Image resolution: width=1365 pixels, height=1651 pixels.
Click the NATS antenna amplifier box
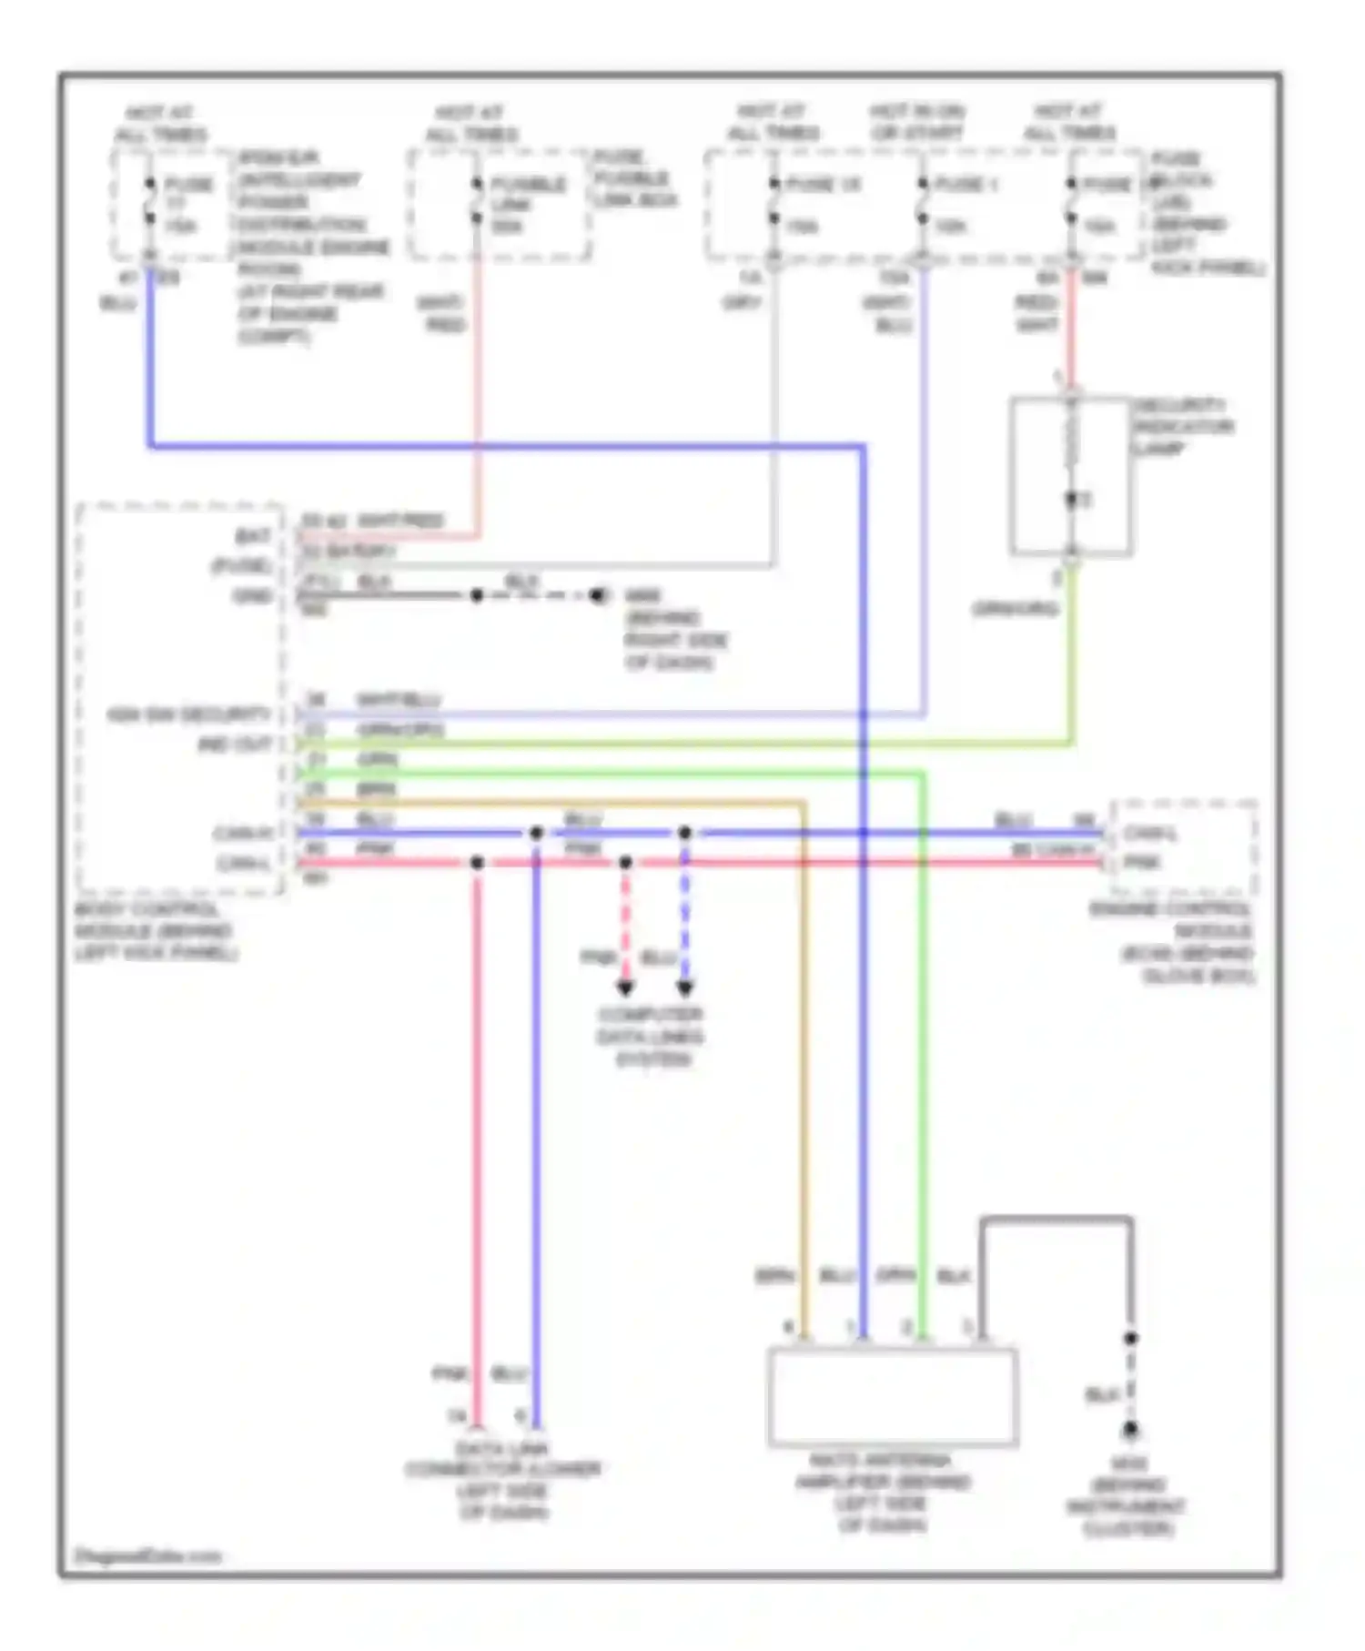click(x=892, y=1396)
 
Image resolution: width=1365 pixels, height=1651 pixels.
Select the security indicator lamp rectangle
click(x=1070, y=475)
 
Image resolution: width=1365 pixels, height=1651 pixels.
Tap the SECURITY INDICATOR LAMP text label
click(x=1182, y=427)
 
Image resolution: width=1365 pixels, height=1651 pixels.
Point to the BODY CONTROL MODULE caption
click(x=156, y=931)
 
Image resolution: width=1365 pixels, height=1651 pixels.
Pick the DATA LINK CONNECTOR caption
click(x=503, y=1479)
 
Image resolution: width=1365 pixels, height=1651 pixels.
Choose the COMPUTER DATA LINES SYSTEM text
click(x=651, y=1037)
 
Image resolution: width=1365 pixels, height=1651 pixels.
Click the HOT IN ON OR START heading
click(x=916, y=122)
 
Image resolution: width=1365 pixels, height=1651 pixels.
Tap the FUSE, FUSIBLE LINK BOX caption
click(x=634, y=177)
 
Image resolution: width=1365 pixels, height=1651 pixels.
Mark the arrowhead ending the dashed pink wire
click(x=625, y=988)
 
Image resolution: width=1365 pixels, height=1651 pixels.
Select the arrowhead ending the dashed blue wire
click(x=685, y=988)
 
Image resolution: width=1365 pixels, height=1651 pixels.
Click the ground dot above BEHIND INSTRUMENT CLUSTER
click(x=1130, y=1431)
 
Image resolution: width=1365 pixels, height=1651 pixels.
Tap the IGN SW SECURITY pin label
click(x=188, y=714)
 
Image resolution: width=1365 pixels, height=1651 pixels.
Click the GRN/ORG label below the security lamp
click(x=1015, y=608)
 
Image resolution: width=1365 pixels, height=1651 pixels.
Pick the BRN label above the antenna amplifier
click(x=774, y=1276)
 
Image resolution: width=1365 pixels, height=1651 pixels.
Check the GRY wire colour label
click(x=741, y=302)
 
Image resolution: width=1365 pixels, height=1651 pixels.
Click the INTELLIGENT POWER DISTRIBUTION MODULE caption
click(x=309, y=246)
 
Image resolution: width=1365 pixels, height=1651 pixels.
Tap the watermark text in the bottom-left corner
click(x=147, y=1555)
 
